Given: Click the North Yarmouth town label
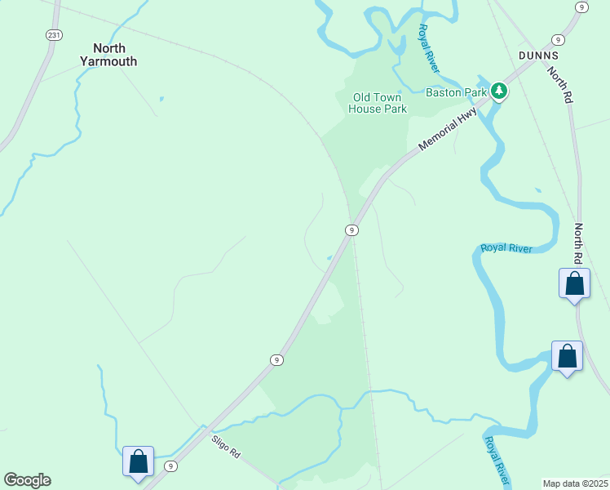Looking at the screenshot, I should click(x=108, y=54).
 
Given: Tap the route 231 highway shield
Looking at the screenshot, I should click(x=54, y=35).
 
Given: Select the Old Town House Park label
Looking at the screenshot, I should click(x=377, y=103).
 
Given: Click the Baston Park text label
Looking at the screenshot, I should click(x=457, y=92).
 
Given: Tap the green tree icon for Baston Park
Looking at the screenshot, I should click(x=498, y=91).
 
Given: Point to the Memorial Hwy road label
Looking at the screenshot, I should click(x=448, y=130).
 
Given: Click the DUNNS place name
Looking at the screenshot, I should click(x=537, y=56).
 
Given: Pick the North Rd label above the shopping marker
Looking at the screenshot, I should click(x=578, y=243).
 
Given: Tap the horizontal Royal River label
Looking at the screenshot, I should click(x=506, y=247).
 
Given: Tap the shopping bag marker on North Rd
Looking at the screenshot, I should click(x=574, y=283).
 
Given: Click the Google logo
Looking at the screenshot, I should click(x=27, y=480).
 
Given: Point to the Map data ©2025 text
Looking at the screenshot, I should click(x=575, y=483).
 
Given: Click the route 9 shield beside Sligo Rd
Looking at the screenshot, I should click(x=170, y=466).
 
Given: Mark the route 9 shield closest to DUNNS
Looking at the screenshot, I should click(x=558, y=40).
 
